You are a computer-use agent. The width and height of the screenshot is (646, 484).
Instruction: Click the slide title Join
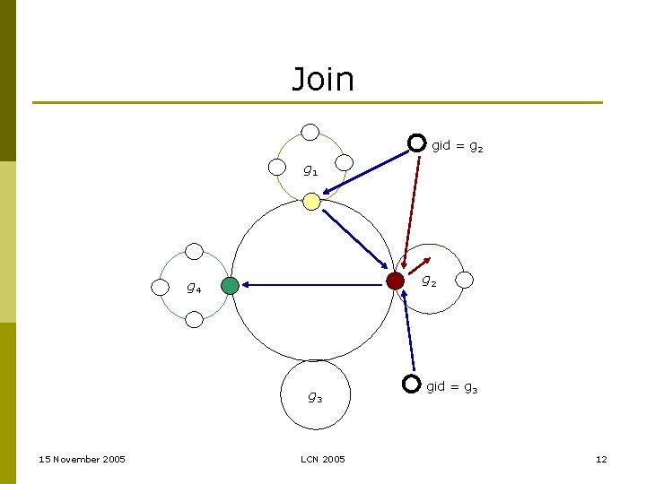[323, 80]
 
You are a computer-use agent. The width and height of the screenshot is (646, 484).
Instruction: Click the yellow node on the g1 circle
[310, 202]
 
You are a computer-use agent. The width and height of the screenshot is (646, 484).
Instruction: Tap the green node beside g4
[231, 286]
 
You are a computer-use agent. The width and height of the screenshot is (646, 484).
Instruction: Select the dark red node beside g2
[395, 281]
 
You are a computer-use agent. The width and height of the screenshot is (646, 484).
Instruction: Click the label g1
[309, 169]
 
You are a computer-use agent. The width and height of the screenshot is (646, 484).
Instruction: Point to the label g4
[193, 288]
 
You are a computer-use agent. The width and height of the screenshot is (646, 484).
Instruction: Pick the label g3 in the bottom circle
[315, 396]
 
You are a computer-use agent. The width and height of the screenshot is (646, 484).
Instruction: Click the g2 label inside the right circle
[430, 281]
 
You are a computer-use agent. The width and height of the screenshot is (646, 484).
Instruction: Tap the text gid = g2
[458, 145]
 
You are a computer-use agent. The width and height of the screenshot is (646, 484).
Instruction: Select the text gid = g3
[452, 387]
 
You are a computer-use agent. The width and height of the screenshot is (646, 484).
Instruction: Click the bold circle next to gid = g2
[416, 143]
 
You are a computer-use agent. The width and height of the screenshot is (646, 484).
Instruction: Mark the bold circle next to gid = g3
[411, 384]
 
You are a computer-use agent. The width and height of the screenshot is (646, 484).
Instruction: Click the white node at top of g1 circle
[310, 133]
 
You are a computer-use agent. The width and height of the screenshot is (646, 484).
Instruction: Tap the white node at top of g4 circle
[194, 253]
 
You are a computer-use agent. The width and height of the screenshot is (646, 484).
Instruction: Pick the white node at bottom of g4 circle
[194, 319]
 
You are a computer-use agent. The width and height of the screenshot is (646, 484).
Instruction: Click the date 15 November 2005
[83, 460]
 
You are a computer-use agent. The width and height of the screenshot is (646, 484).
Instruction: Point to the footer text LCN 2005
[322, 460]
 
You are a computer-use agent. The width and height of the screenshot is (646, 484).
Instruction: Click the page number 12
[601, 460]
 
